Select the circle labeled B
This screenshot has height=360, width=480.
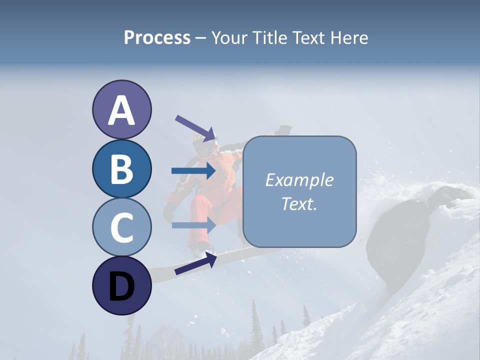tap(121, 169)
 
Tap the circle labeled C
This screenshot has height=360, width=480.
tap(121, 226)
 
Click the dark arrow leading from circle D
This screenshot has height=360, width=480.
tap(195, 263)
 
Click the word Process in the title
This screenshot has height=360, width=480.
tap(157, 37)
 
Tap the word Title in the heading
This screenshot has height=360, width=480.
tap(270, 37)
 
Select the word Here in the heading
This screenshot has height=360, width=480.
tap(348, 37)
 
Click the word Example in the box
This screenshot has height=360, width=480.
tap(299, 180)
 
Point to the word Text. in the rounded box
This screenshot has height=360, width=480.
tap(299, 203)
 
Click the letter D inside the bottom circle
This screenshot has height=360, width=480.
tap(121, 286)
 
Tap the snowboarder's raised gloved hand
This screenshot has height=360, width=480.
tap(284, 130)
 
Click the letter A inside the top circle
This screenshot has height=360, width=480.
tap(121, 110)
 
